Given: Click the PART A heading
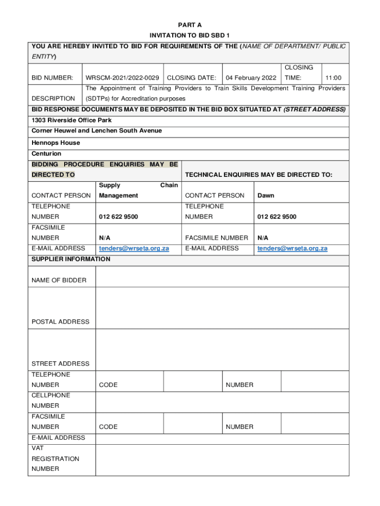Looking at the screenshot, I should tap(190, 25).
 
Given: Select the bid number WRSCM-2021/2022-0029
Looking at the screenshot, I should tap(122, 78).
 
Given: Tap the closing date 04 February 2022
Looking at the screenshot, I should tap(251, 78).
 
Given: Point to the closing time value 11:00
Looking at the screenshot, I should tap(333, 78).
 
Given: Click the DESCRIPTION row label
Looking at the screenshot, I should tap(53, 98).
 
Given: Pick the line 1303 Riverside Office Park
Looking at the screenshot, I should tap(72, 120).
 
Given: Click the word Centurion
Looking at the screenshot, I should tap(46, 154).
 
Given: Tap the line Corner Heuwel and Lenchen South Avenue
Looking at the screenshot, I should tap(97, 130).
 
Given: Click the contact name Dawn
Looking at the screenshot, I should tap(266, 195).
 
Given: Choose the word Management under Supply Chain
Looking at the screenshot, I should tap(118, 195).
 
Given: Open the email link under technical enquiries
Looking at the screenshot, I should tap(292, 248).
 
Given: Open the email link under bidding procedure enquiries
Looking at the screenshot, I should tap(134, 248).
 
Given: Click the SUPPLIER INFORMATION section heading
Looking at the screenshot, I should tap(71, 259).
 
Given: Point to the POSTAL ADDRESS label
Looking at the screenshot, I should tap(61, 322).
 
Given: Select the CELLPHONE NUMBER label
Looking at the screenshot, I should tap(51, 400).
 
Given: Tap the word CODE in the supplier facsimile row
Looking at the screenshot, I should tap(108, 426).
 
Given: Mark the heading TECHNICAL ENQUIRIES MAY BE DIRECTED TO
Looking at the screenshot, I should tap(259, 174).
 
